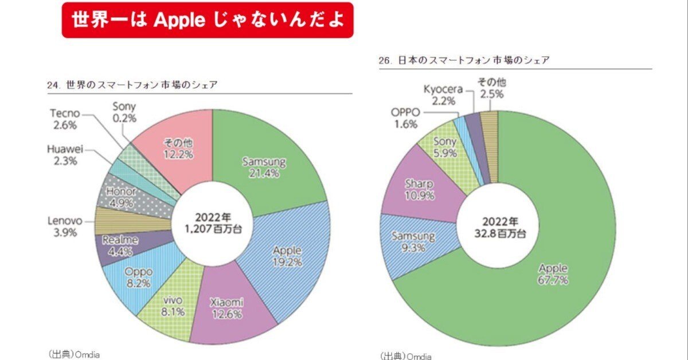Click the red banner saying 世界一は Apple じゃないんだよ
(x=208, y=19)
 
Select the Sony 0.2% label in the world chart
(x=124, y=111)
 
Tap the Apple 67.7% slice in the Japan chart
(x=553, y=273)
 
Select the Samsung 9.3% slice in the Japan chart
(x=413, y=241)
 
